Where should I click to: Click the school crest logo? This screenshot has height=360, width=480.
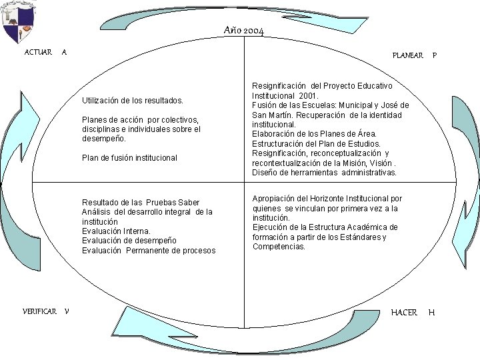tap(19, 22)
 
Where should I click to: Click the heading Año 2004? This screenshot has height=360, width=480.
tap(244, 31)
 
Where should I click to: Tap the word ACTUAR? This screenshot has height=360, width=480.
tap(38, 52)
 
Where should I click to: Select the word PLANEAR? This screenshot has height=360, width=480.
tap(407, 55)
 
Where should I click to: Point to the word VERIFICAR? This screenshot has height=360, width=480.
tap(39, 311)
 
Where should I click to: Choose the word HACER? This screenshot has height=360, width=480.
tap(404, 312)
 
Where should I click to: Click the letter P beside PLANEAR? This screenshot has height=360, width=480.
tap(435, 55)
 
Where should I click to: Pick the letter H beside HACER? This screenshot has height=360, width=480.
tap(431, 312)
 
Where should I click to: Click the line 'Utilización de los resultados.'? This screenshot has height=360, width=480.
tap(132, 101)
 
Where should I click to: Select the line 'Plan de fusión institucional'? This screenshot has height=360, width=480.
tap(129, 158)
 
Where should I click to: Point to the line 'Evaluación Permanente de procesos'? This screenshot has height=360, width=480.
tap(149, 251)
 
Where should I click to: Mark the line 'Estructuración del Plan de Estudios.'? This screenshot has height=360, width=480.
tap(317, 143)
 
